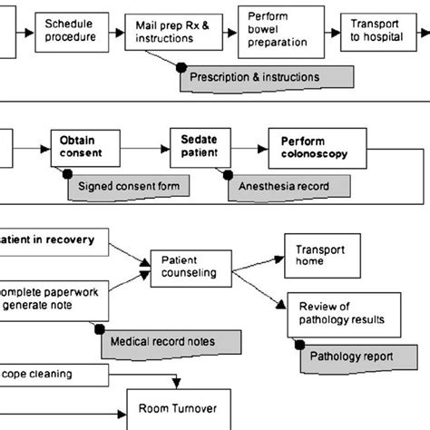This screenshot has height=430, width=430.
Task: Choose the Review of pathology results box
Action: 338,310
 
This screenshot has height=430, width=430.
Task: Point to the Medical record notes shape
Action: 169,343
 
